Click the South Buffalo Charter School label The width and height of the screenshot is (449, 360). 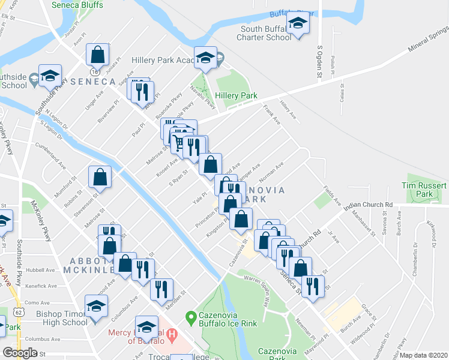pyautogui.click(x=266, y=33)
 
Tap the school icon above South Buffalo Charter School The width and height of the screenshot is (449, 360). pyautogui.click(x=297, y=25)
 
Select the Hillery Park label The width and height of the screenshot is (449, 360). pyautogui.click(x=240, y=96)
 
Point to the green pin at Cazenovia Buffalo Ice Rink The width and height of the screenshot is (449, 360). pyautogui.click(x=191, y=316)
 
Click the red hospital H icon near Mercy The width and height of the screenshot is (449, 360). pyautogui.click(x=172, y=334)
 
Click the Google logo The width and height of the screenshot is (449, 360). pyautogui.click(x=20, y=353)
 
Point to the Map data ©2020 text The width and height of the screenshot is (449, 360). pyautogui.click(x=424, y=355)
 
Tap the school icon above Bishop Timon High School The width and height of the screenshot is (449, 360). pyautogui.click(x=95, y=306)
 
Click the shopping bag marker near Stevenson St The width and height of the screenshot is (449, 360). pyautogui.click(x=100, y=177)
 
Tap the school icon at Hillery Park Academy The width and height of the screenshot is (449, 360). pyautogui.click(x=206, y=59)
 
